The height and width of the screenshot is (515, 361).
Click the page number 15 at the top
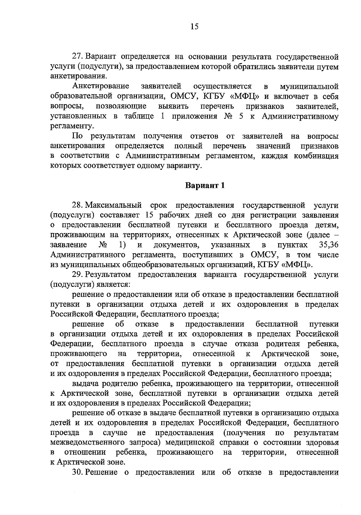(194, 27)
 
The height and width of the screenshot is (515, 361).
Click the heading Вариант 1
(205, 185)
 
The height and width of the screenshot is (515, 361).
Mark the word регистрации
(267, 216)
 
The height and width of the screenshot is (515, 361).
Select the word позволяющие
(121, 107)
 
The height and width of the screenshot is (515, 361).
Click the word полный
(188, 146)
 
